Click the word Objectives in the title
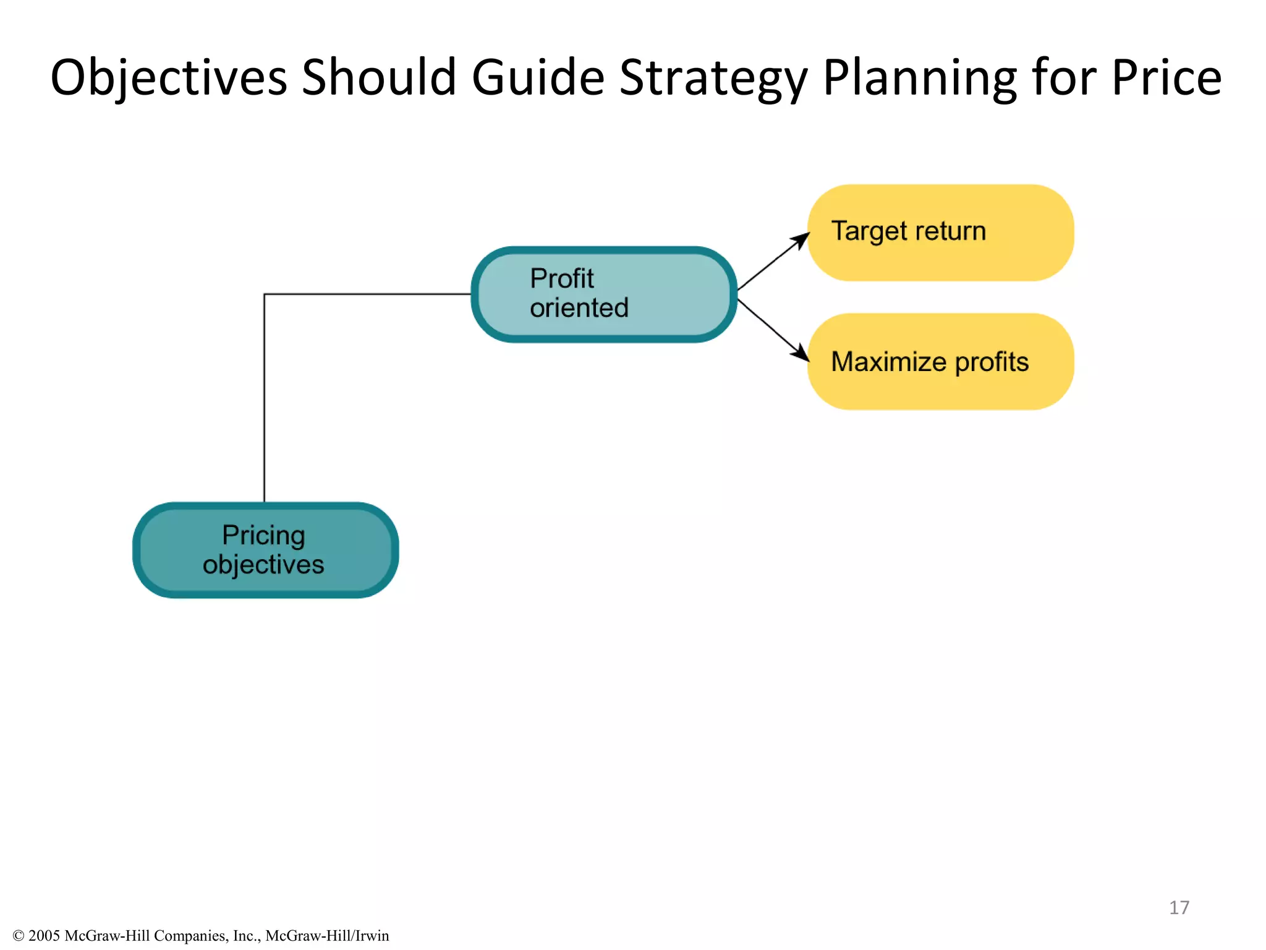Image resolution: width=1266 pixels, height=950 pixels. (169, 77)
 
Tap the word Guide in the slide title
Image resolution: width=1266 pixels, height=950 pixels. (538, 77)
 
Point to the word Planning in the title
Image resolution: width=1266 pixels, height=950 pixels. (919, 79)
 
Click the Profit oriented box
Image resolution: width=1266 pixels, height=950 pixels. (604, 294)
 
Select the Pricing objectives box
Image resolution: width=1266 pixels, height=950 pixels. (265, 550)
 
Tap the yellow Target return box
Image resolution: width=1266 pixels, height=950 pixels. (940, 233)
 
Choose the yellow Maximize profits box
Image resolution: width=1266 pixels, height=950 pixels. (940, 362)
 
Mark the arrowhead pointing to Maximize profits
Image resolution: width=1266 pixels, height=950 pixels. (802, 354)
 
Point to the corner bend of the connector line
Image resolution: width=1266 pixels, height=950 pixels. (265, 294)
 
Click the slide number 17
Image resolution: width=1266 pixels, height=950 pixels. (1179, 907)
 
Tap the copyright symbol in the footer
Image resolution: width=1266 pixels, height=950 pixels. (18, 936)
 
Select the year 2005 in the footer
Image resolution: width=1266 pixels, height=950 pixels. (44, 936)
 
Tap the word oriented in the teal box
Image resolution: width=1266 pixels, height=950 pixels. (579, 308)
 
